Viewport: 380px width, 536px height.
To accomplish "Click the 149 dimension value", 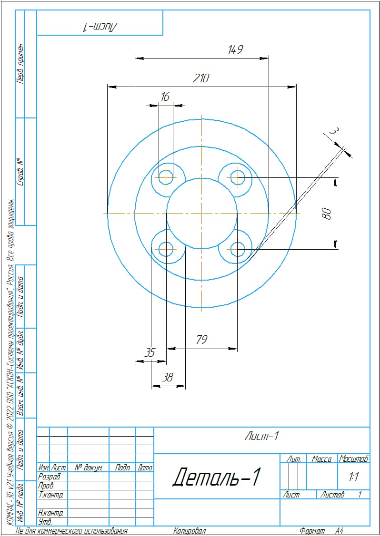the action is tap(235, 50).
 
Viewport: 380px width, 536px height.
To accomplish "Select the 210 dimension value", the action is tap(201, 78).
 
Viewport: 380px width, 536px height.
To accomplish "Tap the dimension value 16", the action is tap(165, 97).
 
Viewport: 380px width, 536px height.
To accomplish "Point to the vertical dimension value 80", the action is tap(327, 214).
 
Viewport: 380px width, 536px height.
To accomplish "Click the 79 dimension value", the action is tap(201, 340).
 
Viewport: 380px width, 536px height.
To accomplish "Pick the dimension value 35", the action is tap(150, 352).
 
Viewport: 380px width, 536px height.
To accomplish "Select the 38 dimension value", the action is tap(168, 378).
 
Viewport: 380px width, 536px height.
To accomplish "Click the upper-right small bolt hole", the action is tap(237, 177).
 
